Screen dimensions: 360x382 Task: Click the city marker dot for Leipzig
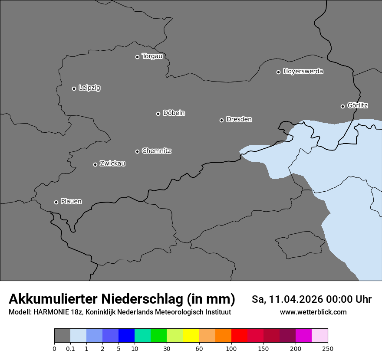coord(74,88)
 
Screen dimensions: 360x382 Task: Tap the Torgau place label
coord(152,56)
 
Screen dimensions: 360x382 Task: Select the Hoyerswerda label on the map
coord(303,72)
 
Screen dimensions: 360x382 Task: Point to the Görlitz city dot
coord(342,106)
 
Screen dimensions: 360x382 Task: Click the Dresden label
coord(239,119)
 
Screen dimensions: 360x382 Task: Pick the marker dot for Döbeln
coord(158,114)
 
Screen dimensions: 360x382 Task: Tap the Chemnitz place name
coord(156,151)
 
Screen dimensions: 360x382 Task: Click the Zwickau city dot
coord(95,164)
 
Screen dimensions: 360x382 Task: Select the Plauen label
coord(71,202)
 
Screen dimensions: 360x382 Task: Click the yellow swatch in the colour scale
coord(191,336)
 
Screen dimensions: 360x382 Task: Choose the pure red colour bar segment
coord(239,336)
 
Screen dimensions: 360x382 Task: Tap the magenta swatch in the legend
coord(303,336)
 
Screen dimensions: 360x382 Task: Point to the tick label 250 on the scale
coord(328,348)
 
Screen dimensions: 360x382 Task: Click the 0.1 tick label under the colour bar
coord(70,348)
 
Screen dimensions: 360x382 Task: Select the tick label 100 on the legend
coord(231,348)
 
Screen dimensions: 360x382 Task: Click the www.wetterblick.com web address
coord(313,312)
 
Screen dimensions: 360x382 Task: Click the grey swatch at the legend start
coord(62,336)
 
